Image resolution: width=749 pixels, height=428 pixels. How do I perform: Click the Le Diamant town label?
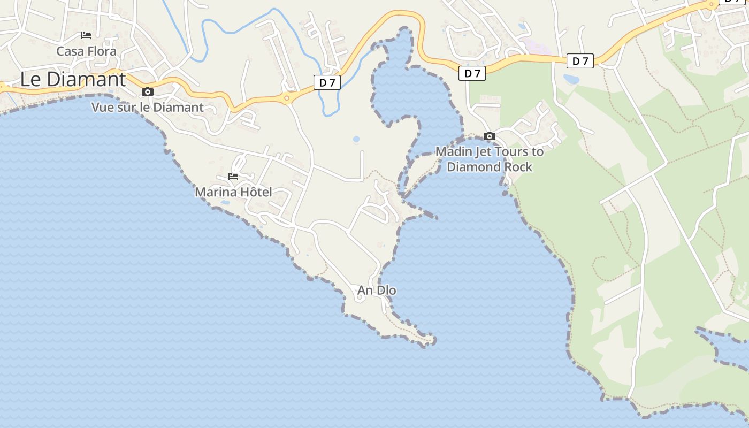[x=73, y=79]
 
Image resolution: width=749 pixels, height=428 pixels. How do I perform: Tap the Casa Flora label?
[x=86, y=51]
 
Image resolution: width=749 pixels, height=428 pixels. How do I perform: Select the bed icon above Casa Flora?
[x=86, y=35]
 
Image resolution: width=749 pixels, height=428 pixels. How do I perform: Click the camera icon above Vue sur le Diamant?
[x=148, y=92]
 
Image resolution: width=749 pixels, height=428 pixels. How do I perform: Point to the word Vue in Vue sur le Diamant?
[x=102, y=107]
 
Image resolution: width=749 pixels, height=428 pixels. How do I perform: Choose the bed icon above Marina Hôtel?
[x=233, y=176]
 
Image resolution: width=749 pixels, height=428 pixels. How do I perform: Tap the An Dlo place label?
[x=377, y=290]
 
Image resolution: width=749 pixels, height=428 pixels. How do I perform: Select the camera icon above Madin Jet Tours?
[x=489, y=136]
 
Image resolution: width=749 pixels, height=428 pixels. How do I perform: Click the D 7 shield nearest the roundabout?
[x=327, y=82]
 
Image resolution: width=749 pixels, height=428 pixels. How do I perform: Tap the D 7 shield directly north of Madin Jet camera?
[x=472, y=73]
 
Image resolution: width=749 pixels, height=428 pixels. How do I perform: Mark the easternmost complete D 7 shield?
[x=580, y=61]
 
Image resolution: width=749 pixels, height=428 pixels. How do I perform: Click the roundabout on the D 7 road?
[x=287, y=98]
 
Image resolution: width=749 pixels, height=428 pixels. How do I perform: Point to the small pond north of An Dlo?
[x=356, y=140]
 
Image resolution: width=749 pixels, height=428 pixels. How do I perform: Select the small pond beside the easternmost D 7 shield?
[x=571, y=79]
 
